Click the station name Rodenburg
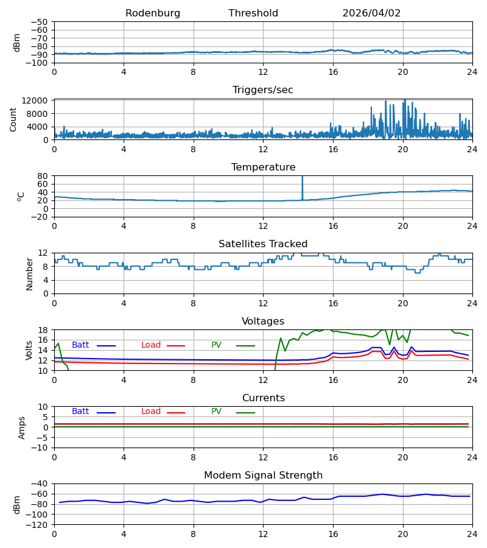[x=153, y=13]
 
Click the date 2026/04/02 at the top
[x=371, y=13]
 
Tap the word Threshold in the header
[x=253, y=13]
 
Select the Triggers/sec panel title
[x=263, y=90]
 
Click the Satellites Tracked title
[x=263, y=244]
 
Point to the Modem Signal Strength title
[x=264, y=476]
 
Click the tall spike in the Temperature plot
[x=302, y=188]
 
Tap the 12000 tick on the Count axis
[x=35, y=100]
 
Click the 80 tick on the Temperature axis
[x=43, y=176]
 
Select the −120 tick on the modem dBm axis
[x=38, y=525]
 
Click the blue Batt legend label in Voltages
[x=80, y=345]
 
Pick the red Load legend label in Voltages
[x=151, y=345]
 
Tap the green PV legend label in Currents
[x=216, y=412]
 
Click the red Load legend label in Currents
[x=151, y=412]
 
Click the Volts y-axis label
[x=29, y=350]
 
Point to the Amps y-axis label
[x=22, y=427]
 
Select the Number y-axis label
[x=29, y=273]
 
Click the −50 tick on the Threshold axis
[x=39, y=22]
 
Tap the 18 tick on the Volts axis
[x=43, y=330]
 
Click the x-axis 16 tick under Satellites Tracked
[x=333, y=303]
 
